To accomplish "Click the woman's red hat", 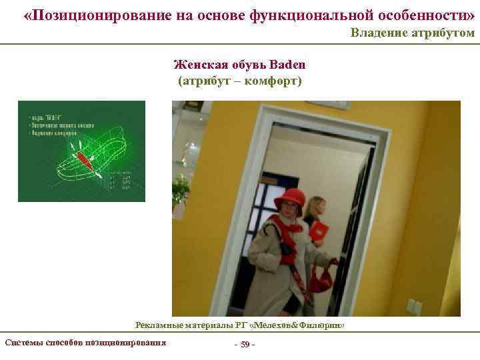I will (289, 198).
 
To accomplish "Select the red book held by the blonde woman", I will (319, 231).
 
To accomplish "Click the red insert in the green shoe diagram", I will (84, 160).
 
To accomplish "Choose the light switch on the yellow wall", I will (414, 307).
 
